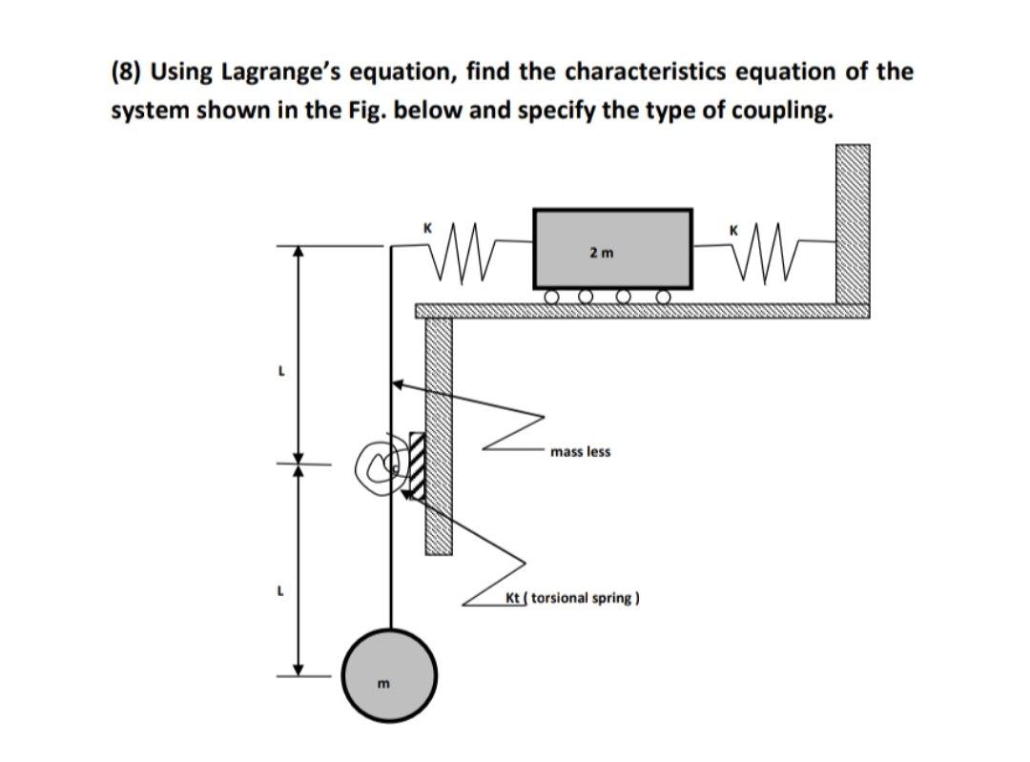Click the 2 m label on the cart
602,253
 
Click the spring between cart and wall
762,250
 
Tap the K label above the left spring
428,227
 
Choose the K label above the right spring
733,230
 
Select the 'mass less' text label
581,451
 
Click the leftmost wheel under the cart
552,299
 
